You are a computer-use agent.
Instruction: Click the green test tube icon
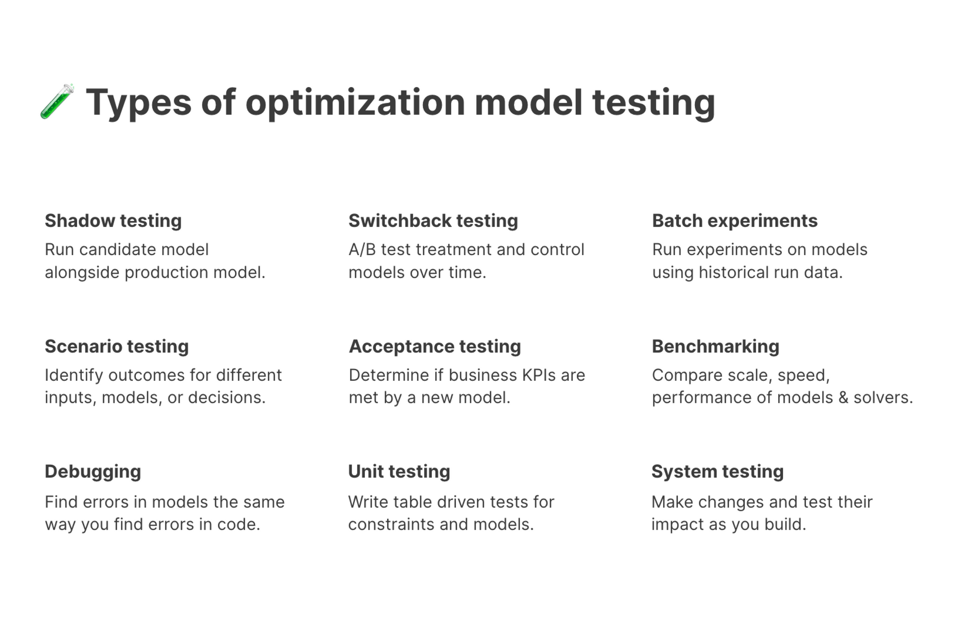pos(57,101)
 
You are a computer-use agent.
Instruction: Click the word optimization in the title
pos(355,103)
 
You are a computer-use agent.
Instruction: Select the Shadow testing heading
pos(113,221)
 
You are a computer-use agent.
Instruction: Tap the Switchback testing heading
pos(433,221)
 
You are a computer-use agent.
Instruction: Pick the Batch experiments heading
pos(734,221)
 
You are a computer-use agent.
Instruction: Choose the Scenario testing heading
pos(117,346)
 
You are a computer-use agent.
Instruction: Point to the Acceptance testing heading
pos(434,346)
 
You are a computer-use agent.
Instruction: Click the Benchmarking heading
pos(715,346)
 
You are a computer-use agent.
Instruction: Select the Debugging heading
pos(92,471)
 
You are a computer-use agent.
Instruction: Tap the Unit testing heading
pos(399,471)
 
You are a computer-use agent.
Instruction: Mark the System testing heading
pos(717,471)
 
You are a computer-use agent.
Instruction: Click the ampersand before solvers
pos(843,398)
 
